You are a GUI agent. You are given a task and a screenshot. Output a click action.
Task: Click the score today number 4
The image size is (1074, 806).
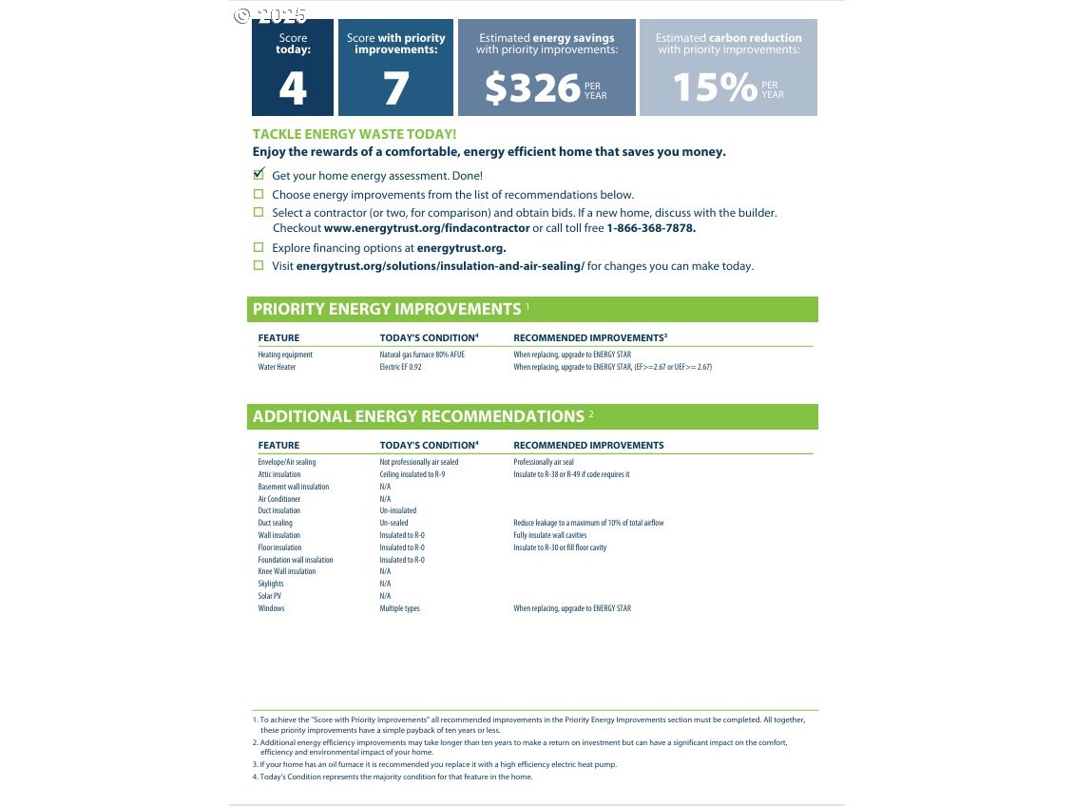293,88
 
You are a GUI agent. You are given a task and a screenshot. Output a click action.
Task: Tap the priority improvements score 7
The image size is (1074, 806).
395,88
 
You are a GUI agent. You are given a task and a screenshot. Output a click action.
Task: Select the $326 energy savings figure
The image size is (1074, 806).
532,88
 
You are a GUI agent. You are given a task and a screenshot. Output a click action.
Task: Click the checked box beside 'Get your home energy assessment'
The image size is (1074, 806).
259,175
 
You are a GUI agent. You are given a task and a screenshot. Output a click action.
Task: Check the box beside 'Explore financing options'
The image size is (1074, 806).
259,247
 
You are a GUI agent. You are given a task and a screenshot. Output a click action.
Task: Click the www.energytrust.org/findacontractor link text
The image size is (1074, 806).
427,228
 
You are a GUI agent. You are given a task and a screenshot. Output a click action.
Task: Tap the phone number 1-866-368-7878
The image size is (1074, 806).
651,228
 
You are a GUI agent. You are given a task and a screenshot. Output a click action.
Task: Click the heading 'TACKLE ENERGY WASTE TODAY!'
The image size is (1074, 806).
354,134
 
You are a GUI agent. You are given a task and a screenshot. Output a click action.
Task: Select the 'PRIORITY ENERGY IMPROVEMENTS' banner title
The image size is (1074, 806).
387,309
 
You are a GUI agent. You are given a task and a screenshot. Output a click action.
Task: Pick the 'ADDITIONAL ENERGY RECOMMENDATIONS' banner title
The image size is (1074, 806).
418,416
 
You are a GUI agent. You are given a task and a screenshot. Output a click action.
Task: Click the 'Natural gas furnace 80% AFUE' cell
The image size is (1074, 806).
422,355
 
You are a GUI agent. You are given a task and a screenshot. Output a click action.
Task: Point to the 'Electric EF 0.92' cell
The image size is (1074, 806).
400,367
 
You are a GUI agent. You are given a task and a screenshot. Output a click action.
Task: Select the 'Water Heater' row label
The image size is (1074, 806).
277,367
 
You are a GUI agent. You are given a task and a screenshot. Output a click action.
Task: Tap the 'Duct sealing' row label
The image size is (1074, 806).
276,523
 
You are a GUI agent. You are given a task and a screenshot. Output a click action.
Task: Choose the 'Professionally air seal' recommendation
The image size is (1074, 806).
544,462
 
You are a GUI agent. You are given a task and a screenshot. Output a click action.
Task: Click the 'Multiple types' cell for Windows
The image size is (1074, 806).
399,608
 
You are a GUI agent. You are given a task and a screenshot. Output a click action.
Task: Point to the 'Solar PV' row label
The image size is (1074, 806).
270,596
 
